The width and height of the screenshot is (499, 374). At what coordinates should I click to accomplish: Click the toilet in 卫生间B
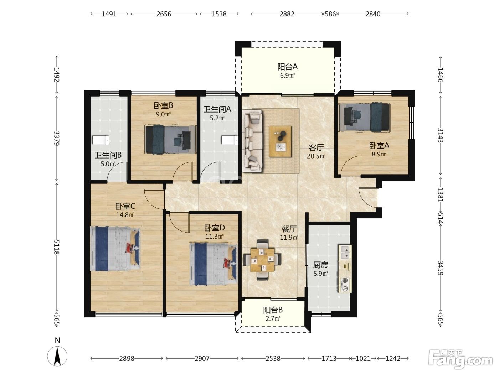101,140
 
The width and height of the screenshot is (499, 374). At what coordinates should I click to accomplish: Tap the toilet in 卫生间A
230,140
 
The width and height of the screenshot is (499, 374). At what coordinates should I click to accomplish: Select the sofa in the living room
252,141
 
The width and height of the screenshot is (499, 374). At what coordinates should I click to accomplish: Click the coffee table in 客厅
280,141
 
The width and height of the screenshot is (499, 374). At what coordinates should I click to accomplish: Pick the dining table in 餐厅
262,260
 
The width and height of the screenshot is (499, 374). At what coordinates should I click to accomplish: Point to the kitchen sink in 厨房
345,252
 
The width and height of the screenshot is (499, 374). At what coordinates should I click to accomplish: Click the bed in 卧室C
115,249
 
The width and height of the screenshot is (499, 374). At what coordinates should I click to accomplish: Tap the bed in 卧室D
213,264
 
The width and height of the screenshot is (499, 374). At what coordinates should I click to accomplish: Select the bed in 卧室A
364,118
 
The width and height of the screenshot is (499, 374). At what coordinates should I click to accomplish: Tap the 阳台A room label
287,67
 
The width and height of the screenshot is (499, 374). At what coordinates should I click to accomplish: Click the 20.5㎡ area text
316,156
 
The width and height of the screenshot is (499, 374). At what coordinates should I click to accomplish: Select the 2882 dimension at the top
287,14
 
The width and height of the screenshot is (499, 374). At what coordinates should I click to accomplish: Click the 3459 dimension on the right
440,268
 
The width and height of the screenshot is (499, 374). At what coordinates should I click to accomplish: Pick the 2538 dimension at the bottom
273,358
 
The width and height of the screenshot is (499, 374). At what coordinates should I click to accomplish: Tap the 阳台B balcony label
273,310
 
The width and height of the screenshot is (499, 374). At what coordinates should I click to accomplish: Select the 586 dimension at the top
330,14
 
